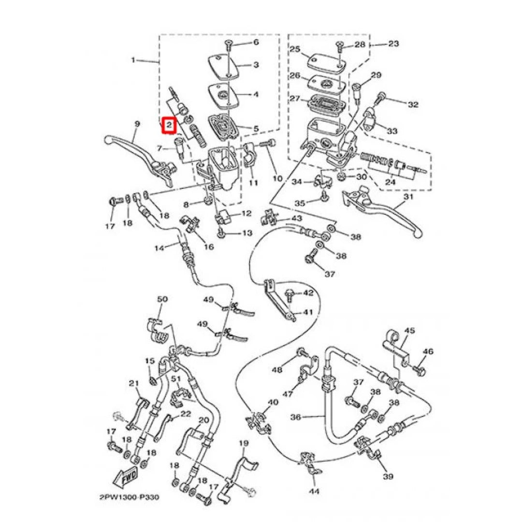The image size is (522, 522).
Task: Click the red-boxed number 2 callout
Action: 169,125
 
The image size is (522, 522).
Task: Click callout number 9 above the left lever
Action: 137,124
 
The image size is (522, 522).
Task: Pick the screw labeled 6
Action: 229,45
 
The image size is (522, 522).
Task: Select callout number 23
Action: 393,43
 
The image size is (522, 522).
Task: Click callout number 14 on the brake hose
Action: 159,248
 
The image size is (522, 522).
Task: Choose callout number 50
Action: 162,299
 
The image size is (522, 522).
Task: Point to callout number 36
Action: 296,417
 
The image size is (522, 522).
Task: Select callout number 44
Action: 314,491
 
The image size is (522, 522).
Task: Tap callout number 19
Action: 244,443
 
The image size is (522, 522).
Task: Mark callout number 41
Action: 308,312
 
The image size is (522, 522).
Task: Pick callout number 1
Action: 133,60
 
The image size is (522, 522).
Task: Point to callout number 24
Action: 390,182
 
